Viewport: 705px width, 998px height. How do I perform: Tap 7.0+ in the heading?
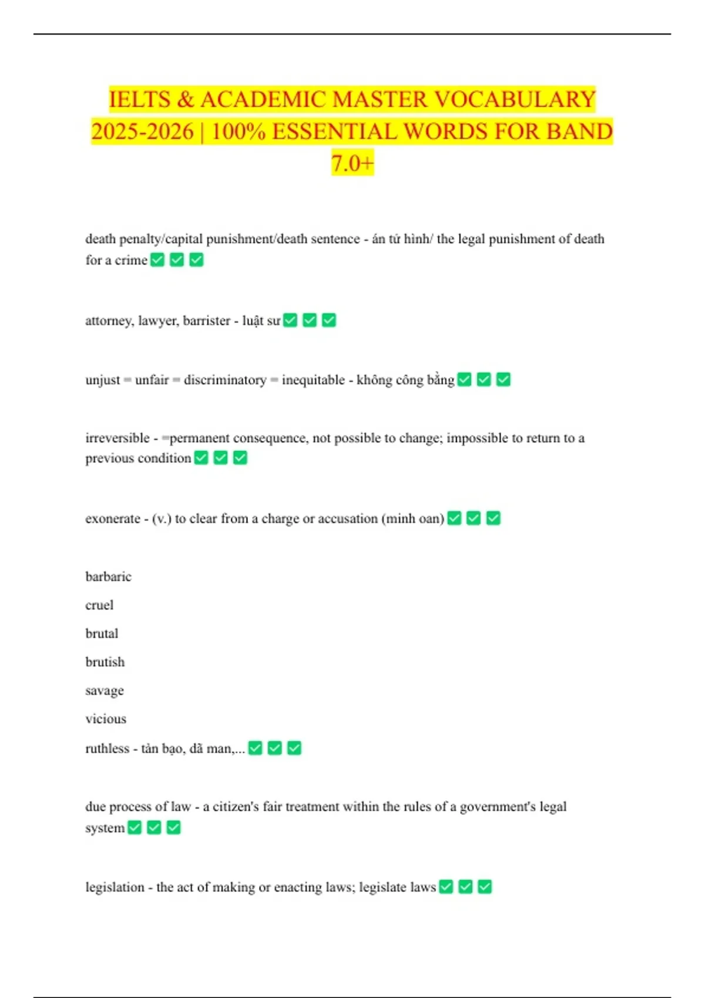point(352,163)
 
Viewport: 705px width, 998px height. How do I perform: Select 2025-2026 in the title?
point(142,131)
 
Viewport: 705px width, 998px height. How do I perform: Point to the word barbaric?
point(108,576)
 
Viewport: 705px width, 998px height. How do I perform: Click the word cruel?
point(99,605)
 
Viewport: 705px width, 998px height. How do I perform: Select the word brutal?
point(102,633)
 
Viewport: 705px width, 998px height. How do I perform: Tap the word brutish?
point(105,662)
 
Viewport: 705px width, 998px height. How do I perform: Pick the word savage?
point(105,691)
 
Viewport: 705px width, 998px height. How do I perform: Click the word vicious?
point(106,719)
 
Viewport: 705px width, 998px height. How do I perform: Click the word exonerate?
point(113,519)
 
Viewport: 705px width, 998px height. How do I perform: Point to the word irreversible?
point(117,438)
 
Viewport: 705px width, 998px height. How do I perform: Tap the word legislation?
point(115,887)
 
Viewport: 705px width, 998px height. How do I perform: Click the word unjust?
point(103,380)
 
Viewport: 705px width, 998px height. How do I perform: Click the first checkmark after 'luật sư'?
point(290,320)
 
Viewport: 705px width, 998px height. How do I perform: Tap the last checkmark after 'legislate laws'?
point(485,886)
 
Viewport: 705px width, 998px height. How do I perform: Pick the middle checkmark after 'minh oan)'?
point(474,518)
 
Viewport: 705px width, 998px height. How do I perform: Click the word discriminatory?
point(225,380)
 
